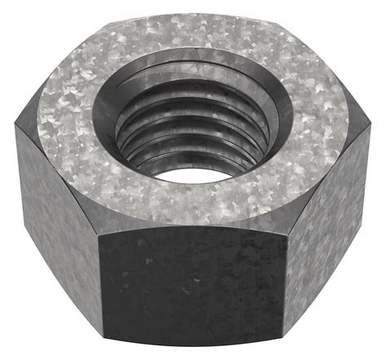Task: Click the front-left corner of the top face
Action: [99, 229]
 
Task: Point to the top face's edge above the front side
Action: [192, 231]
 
